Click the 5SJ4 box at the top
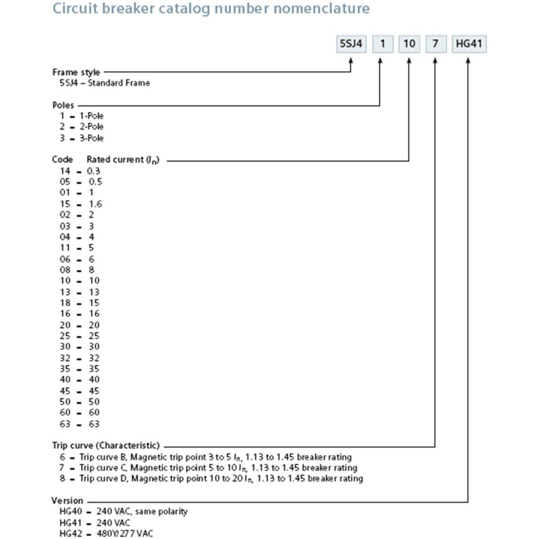coord(351,44)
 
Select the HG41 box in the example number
coord(468,44)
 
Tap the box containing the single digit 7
coord(435,44)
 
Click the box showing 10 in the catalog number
coord(409,44)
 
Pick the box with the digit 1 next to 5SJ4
coord(383,44)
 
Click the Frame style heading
coord(76,72)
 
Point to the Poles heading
coord(63,105)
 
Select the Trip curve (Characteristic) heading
coord(106,446)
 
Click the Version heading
coord(67,500)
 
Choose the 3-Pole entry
coord(92,138)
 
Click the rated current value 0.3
coord(93,171)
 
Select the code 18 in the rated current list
coord(65,303)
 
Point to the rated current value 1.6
coord(95,204)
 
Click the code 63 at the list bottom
coord(65,424)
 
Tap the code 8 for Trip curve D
coord(62,478)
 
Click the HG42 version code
coord(71,533)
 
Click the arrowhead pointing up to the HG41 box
coord(468,60)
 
